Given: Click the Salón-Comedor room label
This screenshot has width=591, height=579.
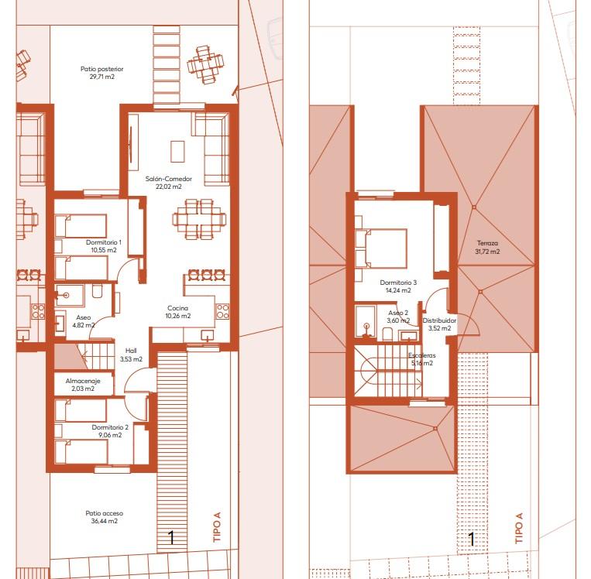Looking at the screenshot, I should (168, 179).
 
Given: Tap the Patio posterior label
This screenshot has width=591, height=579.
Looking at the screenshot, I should (101, 69).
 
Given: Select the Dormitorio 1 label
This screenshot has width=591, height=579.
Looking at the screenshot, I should (102, 242).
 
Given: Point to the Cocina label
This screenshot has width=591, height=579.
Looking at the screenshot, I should (177, 307).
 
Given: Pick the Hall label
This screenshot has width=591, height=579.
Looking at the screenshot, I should (131, 350).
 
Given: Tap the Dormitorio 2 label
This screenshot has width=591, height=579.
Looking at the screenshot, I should (109, 427).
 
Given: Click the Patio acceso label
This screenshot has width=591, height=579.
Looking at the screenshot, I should (104, 513).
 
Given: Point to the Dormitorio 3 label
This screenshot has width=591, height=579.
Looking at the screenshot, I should (398, 283).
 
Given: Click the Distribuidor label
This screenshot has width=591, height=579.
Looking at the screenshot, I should (439, 319).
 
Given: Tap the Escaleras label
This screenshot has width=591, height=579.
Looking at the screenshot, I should (422, 355).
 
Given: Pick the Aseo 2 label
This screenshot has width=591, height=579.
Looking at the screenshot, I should (398, 313).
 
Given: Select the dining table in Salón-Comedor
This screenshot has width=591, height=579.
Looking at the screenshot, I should (199, 218).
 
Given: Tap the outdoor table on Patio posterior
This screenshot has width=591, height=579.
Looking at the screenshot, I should (206, 65).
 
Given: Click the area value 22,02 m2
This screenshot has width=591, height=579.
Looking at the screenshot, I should (168, 187).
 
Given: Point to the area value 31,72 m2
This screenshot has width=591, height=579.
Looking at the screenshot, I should (487, 251).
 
